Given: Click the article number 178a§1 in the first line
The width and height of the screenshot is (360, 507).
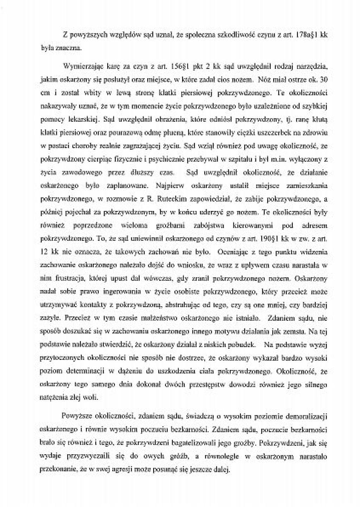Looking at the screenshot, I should point(308,35).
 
